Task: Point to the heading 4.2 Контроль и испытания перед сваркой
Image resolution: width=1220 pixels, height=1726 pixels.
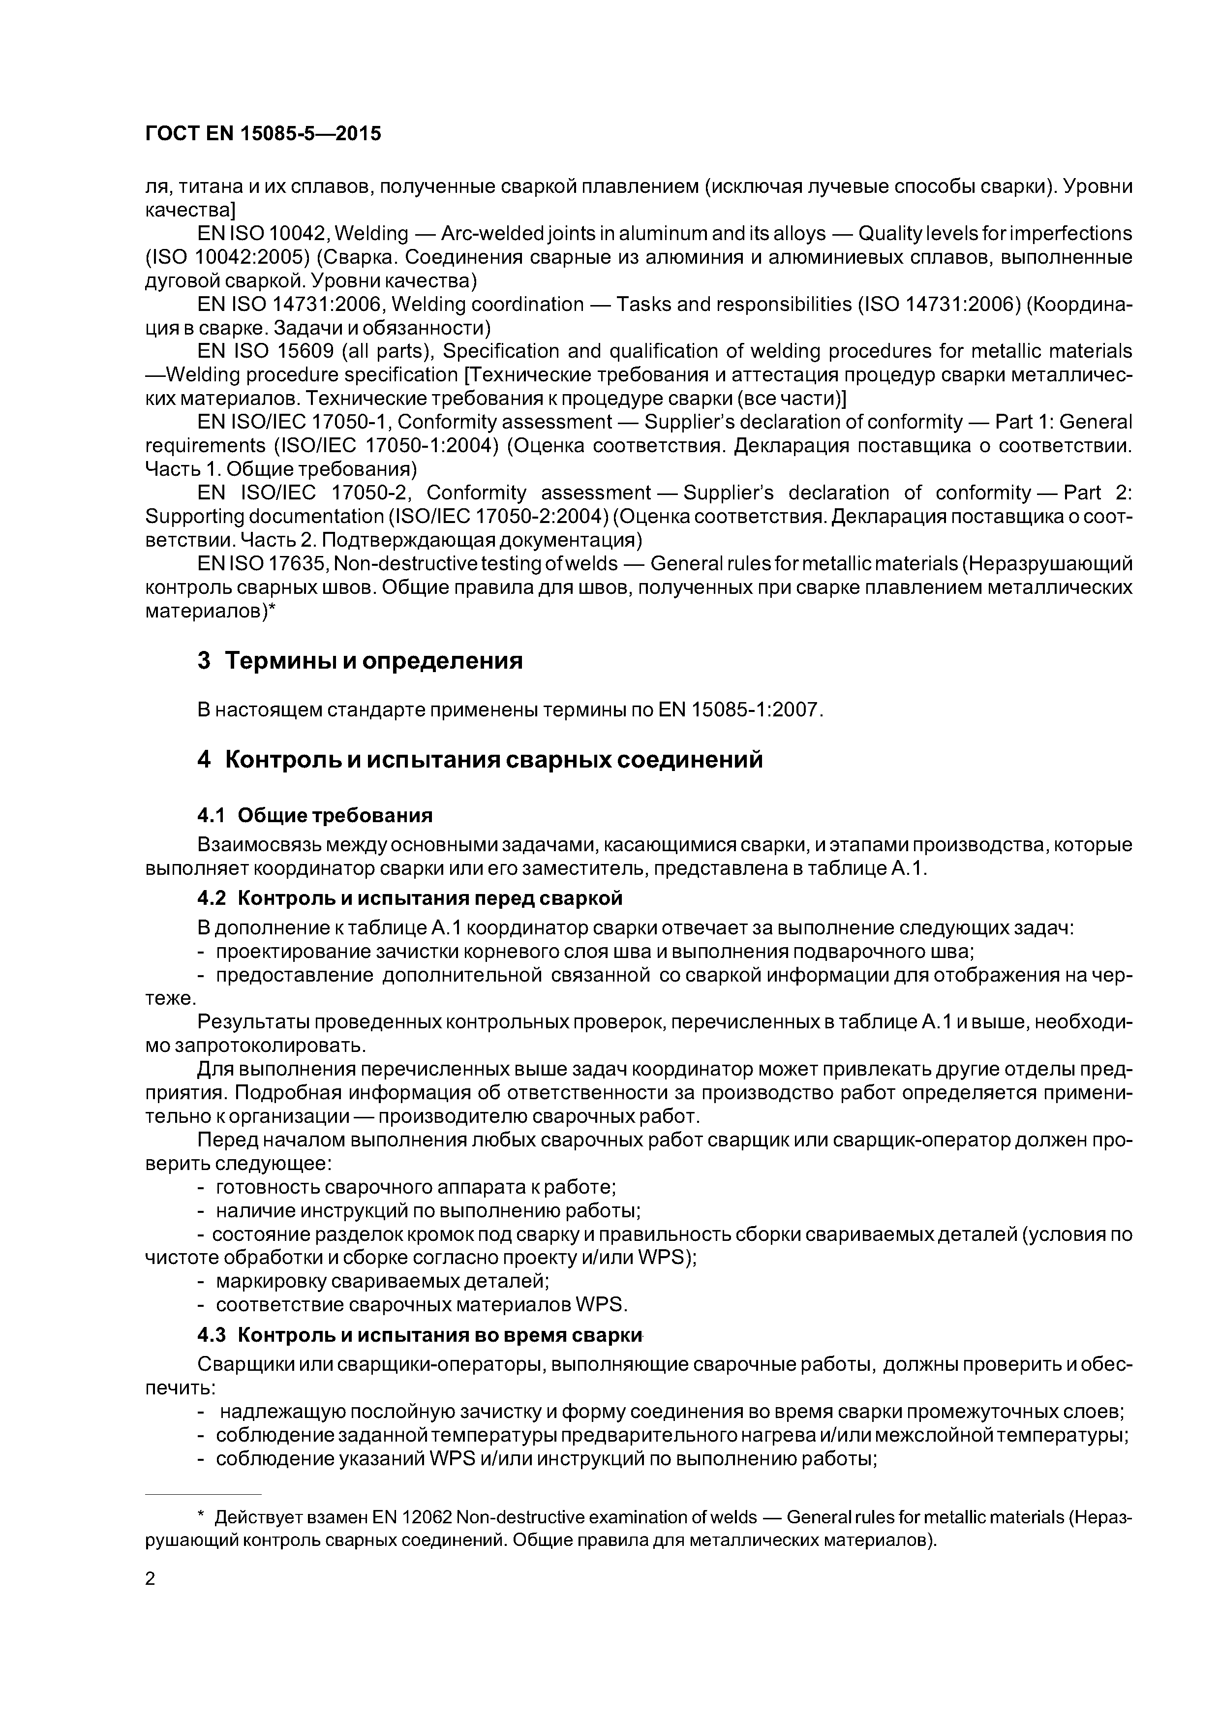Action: click(x=410, y=898)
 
